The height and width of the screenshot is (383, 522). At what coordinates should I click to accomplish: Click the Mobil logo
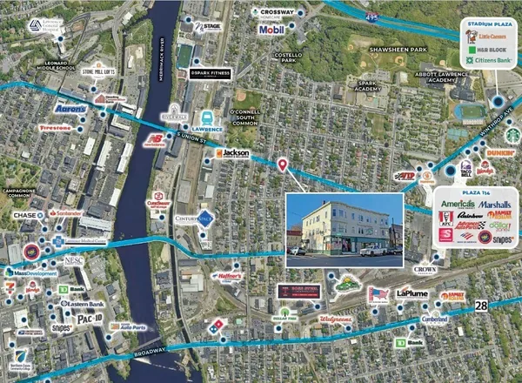271,30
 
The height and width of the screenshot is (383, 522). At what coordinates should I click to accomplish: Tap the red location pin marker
282,165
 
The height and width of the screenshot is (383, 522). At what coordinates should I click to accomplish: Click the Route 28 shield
481,306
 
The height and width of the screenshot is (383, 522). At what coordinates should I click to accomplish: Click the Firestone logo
55,127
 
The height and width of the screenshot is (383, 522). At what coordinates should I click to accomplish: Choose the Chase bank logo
23,214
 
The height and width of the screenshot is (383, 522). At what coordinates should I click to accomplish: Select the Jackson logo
233,153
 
